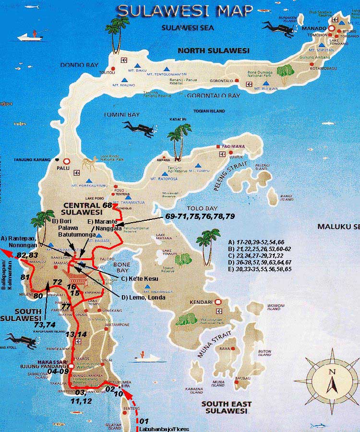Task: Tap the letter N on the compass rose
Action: click(331, 371)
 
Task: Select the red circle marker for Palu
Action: click(67, 161)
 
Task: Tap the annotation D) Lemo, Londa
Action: click(143, 297)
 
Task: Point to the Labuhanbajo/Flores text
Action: click(163, 429)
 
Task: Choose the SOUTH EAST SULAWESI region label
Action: click(224, 407)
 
